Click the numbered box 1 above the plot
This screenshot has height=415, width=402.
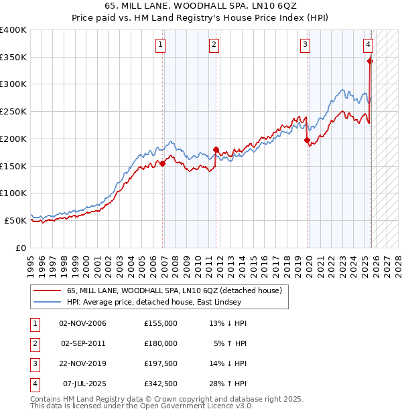coord(161,45)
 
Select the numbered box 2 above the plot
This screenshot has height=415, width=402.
coord(214,45)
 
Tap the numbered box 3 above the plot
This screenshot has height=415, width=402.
coord(305,45)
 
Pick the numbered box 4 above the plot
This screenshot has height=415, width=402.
coord(368,45)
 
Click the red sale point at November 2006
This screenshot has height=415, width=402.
coord(162,163)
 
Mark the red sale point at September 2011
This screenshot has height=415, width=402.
coord(216,149)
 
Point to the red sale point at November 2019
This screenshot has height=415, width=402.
coord(307,140)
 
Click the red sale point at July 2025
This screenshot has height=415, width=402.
coord(371,60)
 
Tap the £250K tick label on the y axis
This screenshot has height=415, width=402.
coord(13,112)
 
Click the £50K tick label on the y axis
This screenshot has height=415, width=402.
coord(16,220)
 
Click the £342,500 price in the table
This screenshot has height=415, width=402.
coord(161,384)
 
